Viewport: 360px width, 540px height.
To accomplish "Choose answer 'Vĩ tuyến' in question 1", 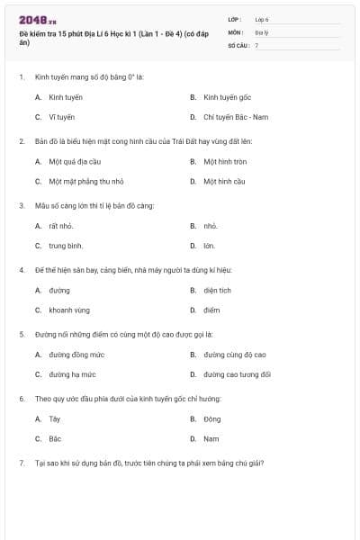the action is [61, 117].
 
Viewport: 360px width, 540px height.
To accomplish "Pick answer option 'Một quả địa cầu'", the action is [67, 162].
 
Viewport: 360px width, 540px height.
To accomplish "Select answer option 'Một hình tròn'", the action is [225, 162].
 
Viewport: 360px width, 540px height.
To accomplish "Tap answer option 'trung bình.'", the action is [66, 245].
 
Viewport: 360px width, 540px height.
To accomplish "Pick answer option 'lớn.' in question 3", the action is [209, 245].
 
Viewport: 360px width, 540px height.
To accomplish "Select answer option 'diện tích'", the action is [217, 291].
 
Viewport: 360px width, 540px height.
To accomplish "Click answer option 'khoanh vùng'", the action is [68, 310].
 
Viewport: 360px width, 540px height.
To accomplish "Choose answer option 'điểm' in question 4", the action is [211, 310].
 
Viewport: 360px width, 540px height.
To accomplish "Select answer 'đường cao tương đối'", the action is [237, 374].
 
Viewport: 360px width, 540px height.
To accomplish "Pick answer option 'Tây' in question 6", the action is [55, 419].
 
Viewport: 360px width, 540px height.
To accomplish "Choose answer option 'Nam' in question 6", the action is [211, 438].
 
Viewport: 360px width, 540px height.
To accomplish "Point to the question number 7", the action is [21, 463].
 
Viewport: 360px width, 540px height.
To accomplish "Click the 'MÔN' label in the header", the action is [237, 31].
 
